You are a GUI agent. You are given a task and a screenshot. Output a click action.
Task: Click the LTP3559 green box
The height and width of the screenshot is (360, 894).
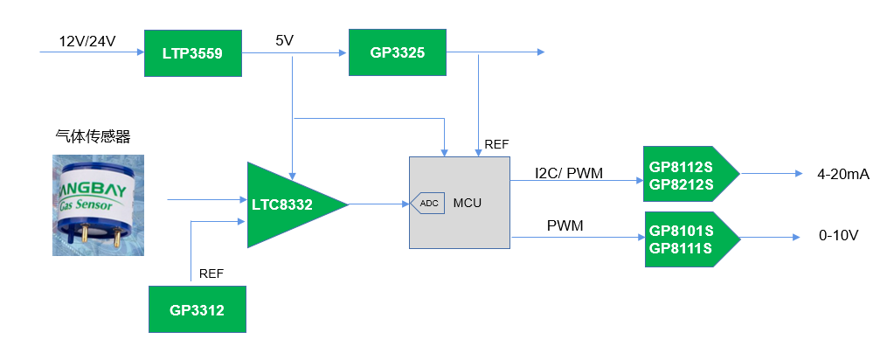tap(192, 53)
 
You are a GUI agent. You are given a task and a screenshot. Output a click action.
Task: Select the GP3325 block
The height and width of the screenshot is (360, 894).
tap(397, 52)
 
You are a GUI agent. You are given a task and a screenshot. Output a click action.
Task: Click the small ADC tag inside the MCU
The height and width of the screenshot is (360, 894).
tap(427, 203)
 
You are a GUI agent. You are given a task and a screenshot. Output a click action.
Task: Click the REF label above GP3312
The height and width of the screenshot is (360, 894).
tap(211, 273)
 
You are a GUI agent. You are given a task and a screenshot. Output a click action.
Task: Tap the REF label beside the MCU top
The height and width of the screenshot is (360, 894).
tap(497, 143)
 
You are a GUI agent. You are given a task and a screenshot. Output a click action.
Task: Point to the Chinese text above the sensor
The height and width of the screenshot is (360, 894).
tap(92, 136)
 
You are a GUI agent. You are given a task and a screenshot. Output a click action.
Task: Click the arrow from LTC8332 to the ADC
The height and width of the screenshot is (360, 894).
tap(379, 204)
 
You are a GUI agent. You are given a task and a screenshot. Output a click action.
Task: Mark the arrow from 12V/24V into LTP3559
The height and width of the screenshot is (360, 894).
tap(92, 52)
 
